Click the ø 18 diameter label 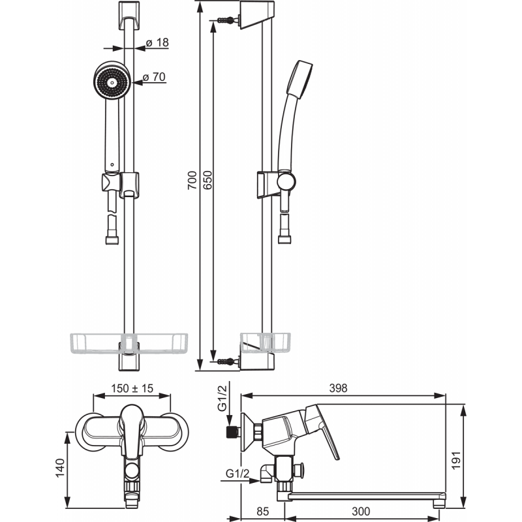(x=157, y=42)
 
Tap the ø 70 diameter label (x=154, y=77)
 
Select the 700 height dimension (x=192, y=180)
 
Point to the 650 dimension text (x=207, y=180)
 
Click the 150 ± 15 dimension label (x=132, y=388)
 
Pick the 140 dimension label (x=60, y=468)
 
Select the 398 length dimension (x=338, y=388)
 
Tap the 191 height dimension (x=455, y=461)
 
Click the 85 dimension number (x=263, y=512)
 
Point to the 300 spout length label (x=361, y=512)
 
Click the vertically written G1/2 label (x=222, y=398)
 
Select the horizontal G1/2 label (x=237, y=473)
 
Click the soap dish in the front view (x=129, y=343)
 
